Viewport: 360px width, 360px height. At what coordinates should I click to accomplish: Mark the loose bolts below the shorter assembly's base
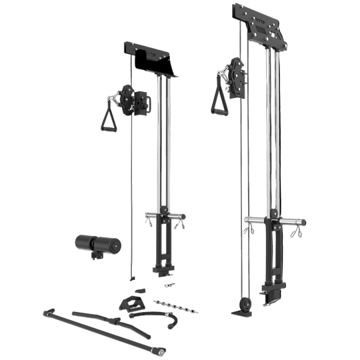169,283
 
